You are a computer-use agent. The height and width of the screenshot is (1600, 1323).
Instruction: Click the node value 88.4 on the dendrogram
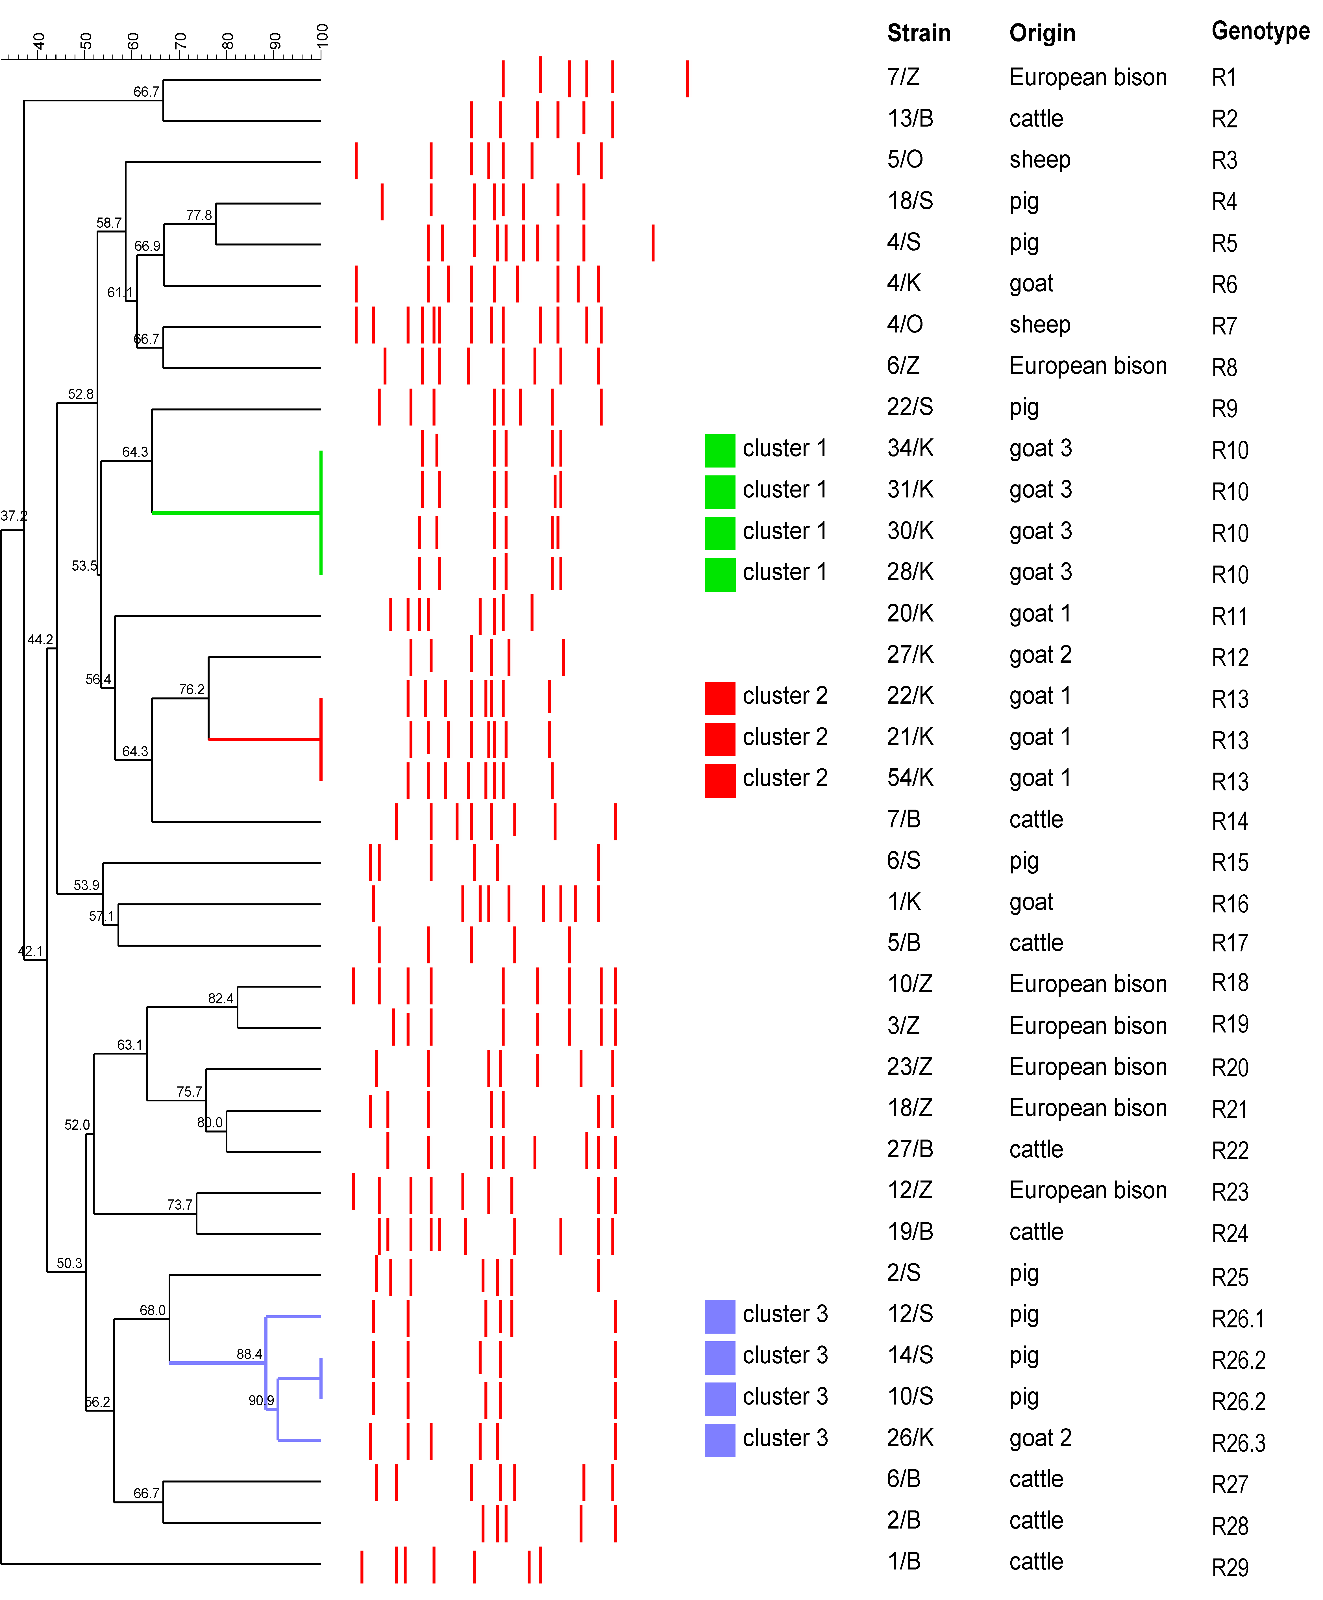coord(249,1354)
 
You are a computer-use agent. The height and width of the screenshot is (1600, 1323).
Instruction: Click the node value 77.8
coord(199,215)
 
